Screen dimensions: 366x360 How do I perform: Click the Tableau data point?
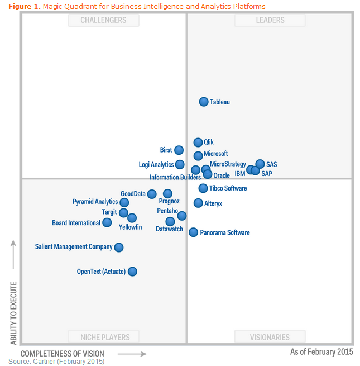[x=204, y=102]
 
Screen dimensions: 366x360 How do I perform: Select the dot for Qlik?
[x=198, y=142]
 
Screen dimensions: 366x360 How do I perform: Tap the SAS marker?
[x=260, y=164]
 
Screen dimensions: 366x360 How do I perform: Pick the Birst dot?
[x=179, y=150]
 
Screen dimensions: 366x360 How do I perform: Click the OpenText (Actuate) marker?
[x=132, y=272]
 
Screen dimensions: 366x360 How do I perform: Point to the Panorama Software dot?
[x=193, y=232]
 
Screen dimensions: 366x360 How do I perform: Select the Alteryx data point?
[x=198, y=203]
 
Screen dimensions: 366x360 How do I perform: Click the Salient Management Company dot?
[x=118, y=247]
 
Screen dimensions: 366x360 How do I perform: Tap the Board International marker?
[x=107, y=222]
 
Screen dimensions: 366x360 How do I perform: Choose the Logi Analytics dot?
[x=180, y=164]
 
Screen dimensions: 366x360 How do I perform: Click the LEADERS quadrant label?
[x=270, y=20]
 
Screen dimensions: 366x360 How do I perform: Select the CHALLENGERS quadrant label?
[x=103, y=20]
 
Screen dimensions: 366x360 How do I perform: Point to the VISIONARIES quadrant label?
[x=270, y=337]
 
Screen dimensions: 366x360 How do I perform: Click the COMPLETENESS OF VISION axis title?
[x=62, y=354]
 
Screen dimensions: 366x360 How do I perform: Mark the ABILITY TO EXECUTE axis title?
[x=14, y=313]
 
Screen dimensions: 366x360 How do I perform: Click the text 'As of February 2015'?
[x=321, y=352]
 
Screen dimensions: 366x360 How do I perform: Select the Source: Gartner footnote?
[x=56, y=362]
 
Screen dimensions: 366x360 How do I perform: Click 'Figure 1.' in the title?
[x=25, y=6]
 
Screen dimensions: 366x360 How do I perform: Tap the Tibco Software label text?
[x=228, y=188]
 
